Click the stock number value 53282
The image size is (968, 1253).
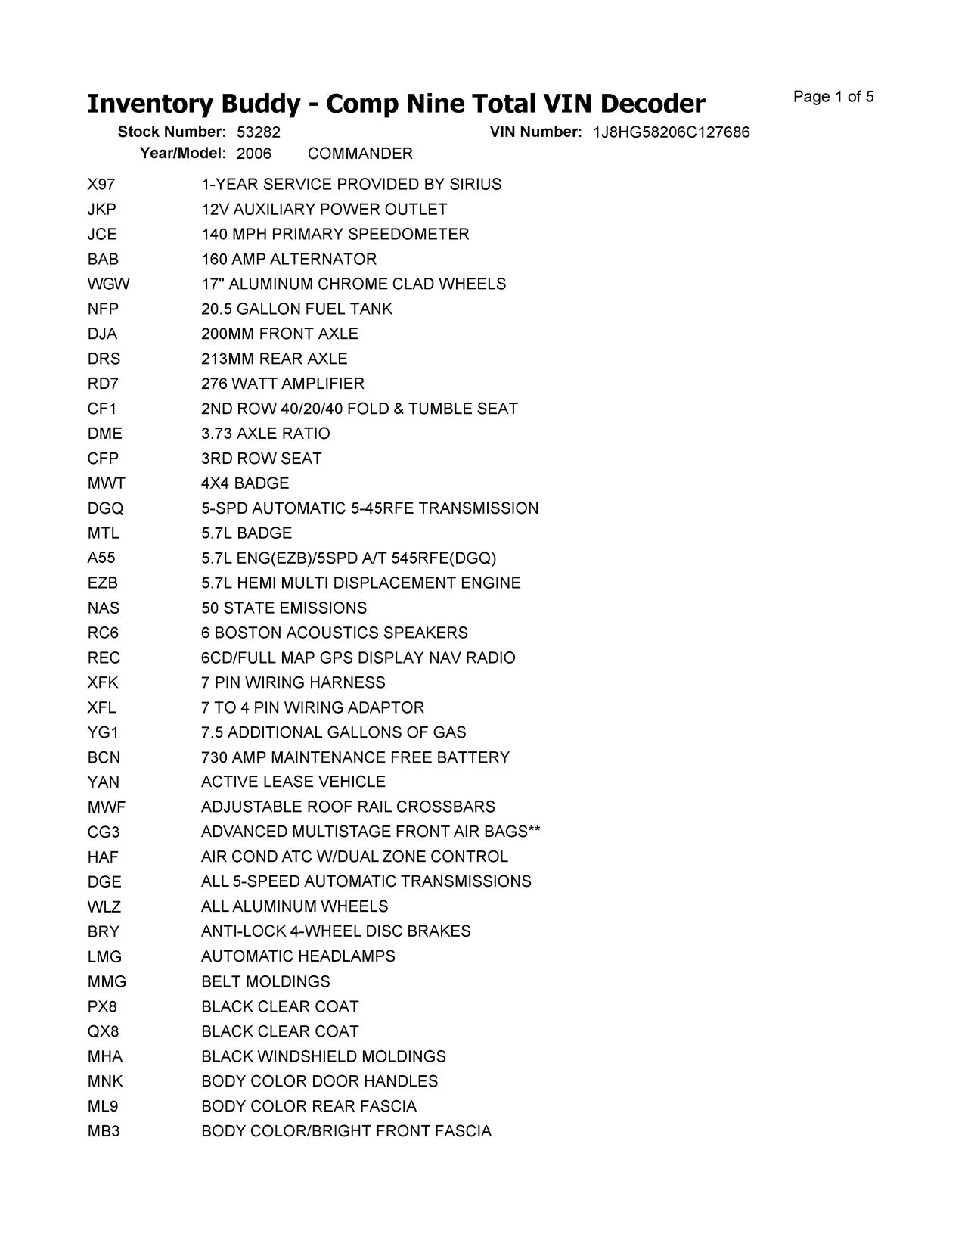(x=258, y=132)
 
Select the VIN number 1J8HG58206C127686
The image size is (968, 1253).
(x=671, y=132)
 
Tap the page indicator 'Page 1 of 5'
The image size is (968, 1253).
(x=833, y=97)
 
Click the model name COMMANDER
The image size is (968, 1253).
(x=360, y=154)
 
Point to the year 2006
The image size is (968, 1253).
(x=253, y=154)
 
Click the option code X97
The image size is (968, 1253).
(x=101, y=185)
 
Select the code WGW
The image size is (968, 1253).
(x=108, y=284)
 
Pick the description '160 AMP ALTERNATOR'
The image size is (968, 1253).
(x=288, y=260)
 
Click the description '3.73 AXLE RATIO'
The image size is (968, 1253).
(x=265, y=434)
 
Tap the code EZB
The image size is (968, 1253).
(x=102, y=583)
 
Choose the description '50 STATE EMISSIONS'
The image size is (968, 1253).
(x=284, y=608)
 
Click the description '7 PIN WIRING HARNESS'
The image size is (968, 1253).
(x=293, y=682)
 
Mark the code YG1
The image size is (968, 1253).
(x=103, y=732)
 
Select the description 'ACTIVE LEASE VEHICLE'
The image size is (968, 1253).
(x=293, y=782)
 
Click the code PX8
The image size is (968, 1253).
(x=102, y=1007)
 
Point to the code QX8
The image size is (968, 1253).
(x=103, y=1032)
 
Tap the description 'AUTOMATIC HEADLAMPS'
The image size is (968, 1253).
(x=298, y=956)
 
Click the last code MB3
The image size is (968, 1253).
(x=104, y=1132)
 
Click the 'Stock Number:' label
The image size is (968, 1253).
(x=172, y=132)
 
